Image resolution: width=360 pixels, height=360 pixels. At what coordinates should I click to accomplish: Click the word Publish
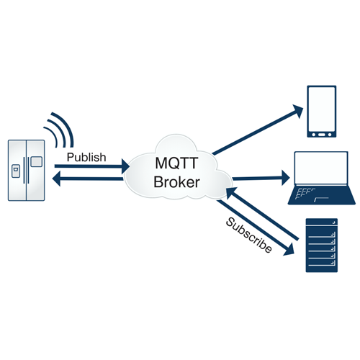86,158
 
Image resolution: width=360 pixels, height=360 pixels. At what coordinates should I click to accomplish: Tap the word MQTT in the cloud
176,163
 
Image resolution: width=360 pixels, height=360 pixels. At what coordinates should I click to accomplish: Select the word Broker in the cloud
176,182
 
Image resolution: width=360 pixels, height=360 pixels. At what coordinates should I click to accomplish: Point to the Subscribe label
249,235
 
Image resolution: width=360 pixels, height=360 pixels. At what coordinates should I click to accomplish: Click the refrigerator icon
27,171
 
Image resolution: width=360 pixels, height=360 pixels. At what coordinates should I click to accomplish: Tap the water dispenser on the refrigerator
16,171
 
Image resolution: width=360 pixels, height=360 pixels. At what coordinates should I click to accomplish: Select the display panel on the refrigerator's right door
36,161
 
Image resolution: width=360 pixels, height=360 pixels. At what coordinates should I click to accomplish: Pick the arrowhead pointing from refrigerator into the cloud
126,166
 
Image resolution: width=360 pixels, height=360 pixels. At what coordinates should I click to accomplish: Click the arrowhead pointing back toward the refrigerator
56,179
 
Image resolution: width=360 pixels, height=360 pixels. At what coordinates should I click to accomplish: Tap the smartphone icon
322,112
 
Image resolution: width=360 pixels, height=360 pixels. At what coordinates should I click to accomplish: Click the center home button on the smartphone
322,135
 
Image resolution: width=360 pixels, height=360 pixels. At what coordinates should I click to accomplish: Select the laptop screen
321,168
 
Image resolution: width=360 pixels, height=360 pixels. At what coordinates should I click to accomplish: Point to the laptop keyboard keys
305,194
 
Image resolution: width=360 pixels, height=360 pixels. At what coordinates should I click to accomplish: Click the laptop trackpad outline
321,199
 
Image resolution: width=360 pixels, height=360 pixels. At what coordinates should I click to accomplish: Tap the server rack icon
322,246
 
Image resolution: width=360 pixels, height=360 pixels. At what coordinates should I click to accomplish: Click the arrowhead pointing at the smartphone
299,110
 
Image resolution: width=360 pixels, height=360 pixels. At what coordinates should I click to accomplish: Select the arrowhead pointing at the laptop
286,178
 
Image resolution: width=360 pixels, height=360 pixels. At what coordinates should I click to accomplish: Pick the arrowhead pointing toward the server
289,250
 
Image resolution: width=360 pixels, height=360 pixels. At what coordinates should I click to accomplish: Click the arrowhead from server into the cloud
230,193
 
